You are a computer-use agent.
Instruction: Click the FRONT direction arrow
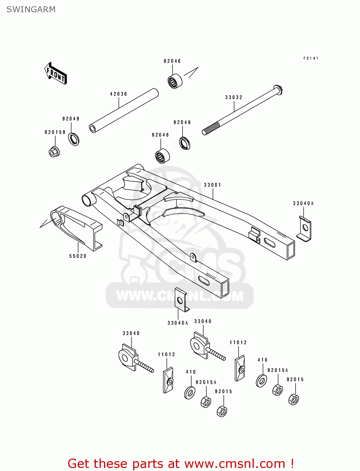click(56, 73)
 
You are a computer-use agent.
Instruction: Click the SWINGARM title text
click(31, 9)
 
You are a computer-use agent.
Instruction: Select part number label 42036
click(118, 94)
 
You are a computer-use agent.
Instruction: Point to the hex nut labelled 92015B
click(54, 152)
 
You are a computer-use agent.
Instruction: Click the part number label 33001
click(213, 185)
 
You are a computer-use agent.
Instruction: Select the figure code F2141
click(311, 58)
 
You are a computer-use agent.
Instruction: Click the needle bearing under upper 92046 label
click(175, 81)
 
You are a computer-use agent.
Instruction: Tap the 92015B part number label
click(55, 132)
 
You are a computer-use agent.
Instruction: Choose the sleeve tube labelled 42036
click(124, 111)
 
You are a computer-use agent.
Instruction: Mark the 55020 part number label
click(78, 256)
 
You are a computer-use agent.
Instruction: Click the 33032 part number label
click(234, 97)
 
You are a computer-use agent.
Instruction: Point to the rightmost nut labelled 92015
click(293, 399)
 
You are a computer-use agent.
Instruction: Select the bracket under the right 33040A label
click(304, 229)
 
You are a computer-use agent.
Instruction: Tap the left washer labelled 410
click(189, 393)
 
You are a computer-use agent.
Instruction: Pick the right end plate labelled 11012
click(240, 369)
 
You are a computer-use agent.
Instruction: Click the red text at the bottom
click(181, 463)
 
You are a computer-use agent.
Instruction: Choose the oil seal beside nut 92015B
click(74, 139)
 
